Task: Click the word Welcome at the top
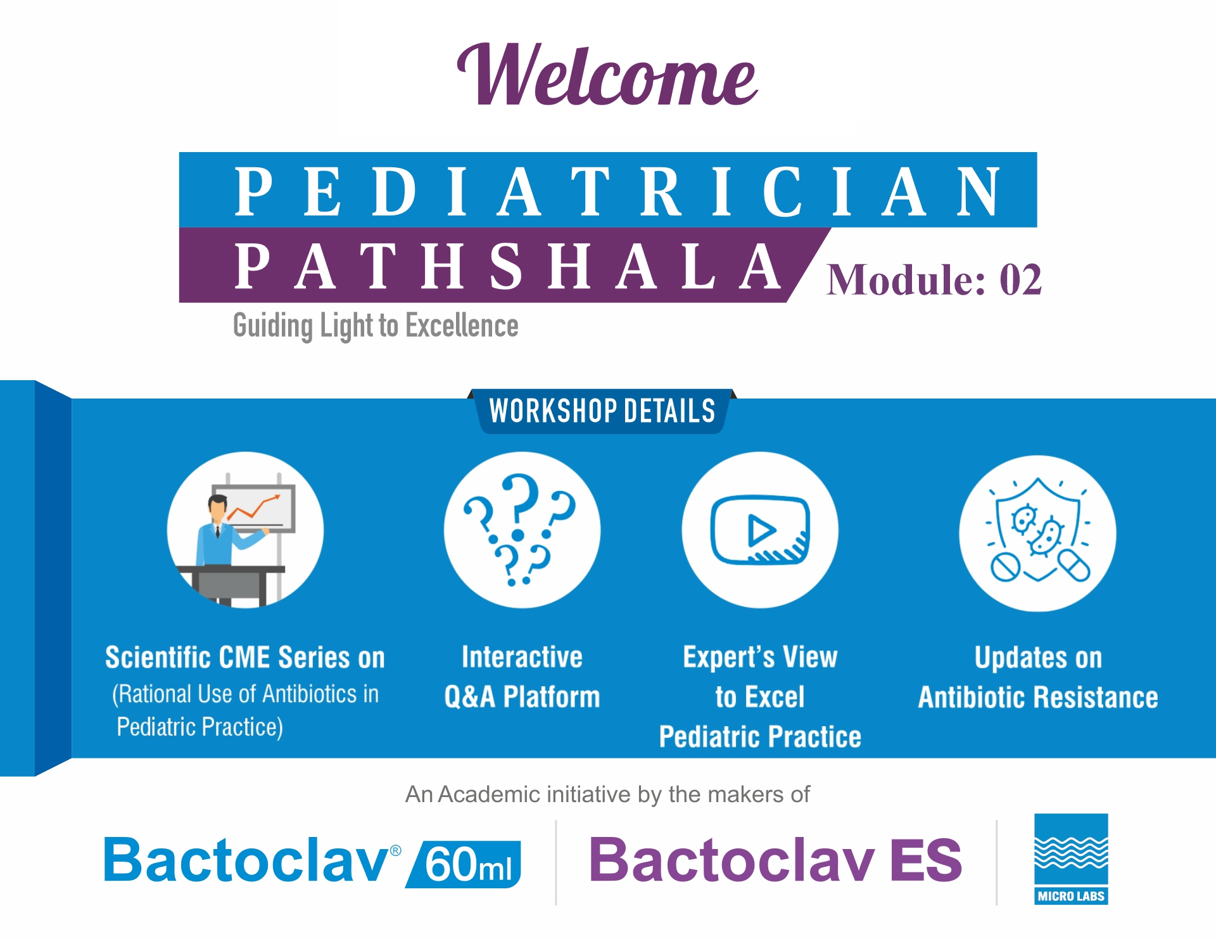(607, 75)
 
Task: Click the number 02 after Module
(1020, 279)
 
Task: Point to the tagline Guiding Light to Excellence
(376, 326)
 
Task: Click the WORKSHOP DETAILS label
(602, 411)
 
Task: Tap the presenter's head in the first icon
(217, 508)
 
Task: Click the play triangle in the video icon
(761, 530)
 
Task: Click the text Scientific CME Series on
(245, 658)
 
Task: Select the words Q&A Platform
(522, 697)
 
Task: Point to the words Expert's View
(760, 658)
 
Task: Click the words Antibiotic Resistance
(1038, 698)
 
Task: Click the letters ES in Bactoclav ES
(926, 860)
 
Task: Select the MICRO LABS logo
(1071, 859)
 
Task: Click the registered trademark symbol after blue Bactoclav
(395, 850)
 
